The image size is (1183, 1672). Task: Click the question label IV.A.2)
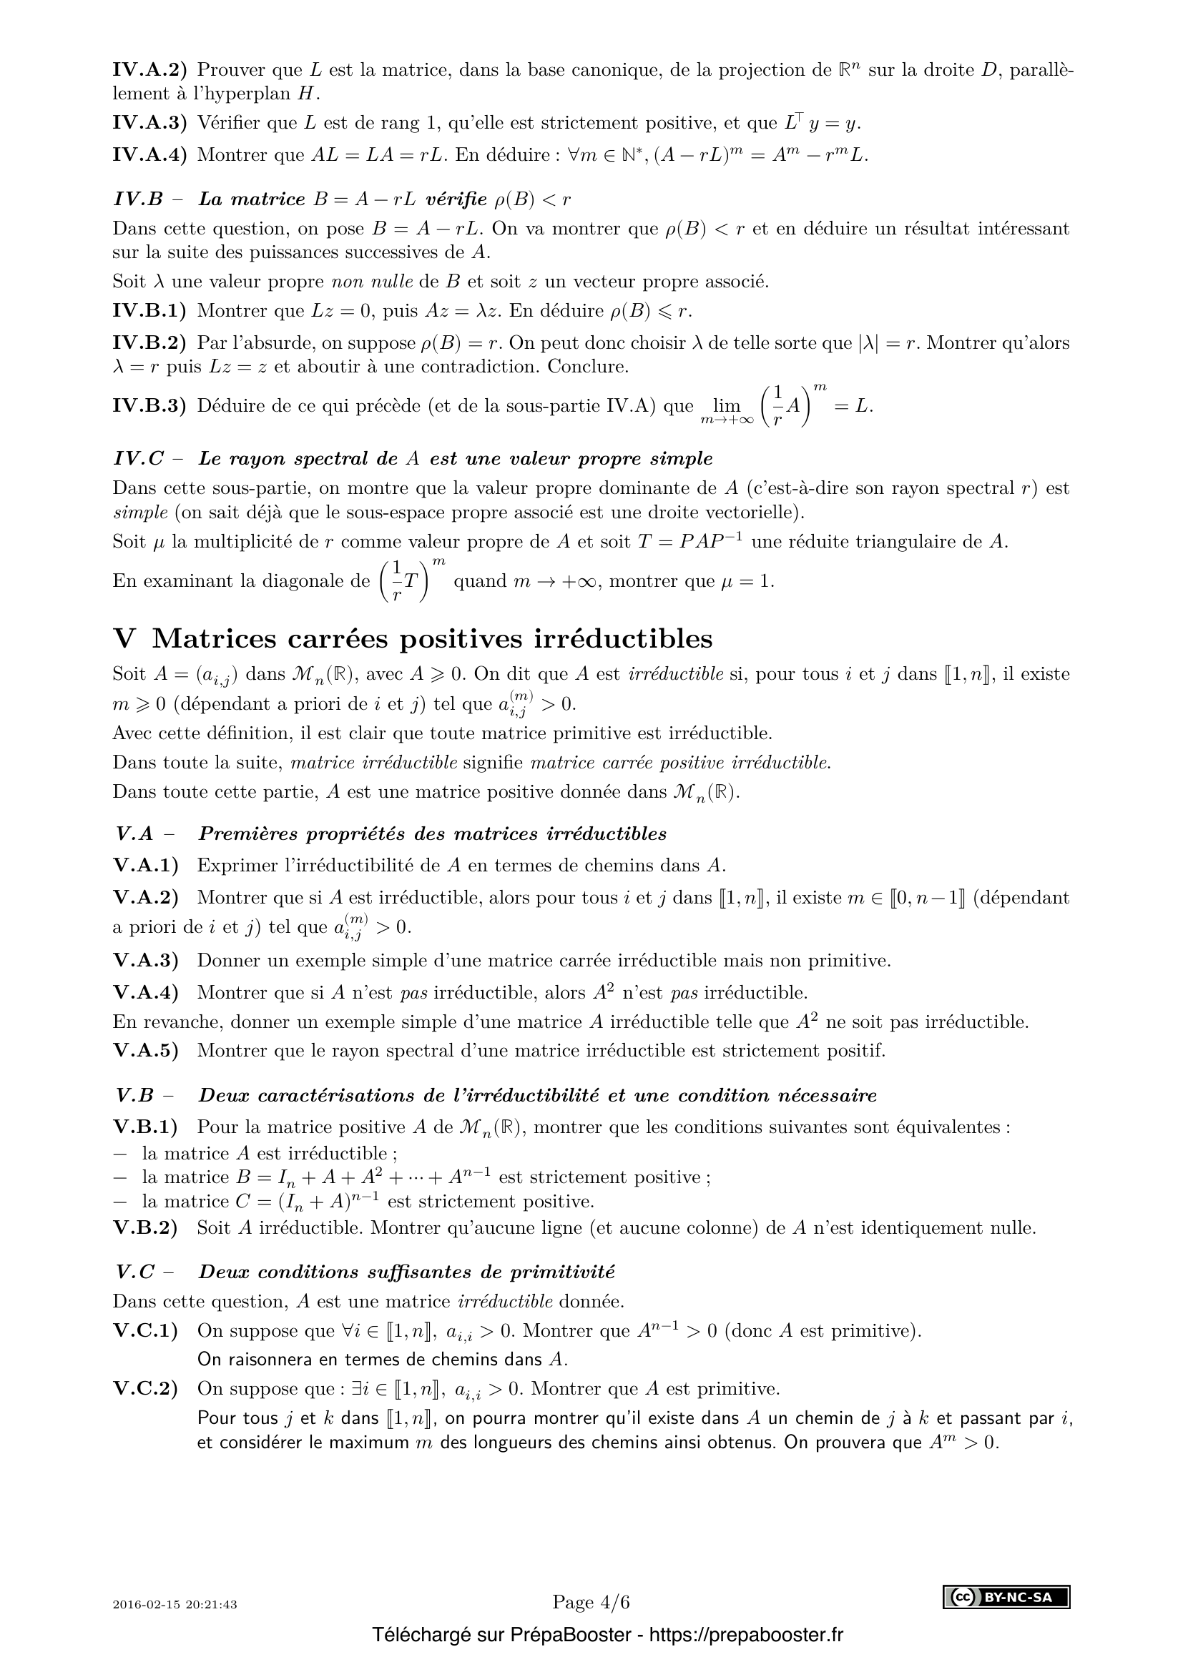[149, 71]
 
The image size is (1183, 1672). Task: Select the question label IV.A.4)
[149, 155]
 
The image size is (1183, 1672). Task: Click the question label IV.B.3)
[149, 405]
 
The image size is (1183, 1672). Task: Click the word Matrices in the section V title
[215, 638]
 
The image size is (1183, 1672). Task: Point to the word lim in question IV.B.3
[726, 406]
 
